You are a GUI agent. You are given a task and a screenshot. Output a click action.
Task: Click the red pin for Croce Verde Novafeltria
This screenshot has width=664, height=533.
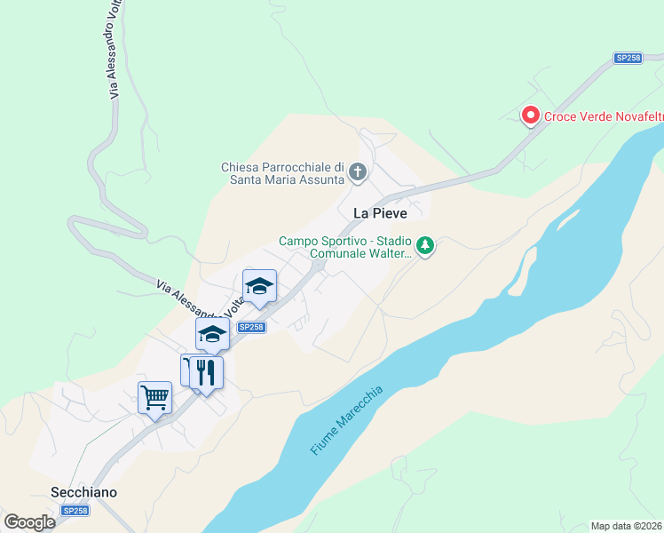coord(530,115)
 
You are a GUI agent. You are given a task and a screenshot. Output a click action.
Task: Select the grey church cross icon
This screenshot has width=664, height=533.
coord(357,171)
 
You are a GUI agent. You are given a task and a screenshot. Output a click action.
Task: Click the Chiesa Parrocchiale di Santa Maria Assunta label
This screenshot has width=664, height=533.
coord(282,173)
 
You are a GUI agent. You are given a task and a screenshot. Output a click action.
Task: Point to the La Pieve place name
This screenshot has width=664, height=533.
coord(380,213)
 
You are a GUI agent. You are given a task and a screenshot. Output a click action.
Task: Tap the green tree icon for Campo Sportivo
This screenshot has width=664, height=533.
coord(425,245)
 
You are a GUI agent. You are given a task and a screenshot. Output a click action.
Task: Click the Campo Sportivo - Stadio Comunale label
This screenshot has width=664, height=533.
coord(344,247)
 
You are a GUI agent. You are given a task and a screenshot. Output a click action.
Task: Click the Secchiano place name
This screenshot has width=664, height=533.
coord(84,492)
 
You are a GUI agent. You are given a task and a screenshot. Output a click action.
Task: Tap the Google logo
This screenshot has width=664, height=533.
coord(29,522)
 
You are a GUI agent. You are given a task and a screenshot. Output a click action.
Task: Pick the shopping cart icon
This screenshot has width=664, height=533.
coord(154,397)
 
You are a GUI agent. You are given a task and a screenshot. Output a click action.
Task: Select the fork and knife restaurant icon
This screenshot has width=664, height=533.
coord(207,371)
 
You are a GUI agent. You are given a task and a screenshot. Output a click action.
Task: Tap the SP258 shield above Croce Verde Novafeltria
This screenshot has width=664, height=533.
coord(628,58)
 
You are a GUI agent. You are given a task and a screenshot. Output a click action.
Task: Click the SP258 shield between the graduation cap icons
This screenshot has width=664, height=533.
coord(251,327)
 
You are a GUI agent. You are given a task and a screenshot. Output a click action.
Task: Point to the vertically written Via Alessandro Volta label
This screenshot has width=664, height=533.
coord(114,49)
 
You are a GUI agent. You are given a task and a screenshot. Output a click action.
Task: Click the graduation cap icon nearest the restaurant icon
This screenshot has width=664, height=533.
coord(213,334)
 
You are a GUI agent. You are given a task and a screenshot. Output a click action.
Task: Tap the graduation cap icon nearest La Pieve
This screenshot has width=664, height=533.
coord(259,285)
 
